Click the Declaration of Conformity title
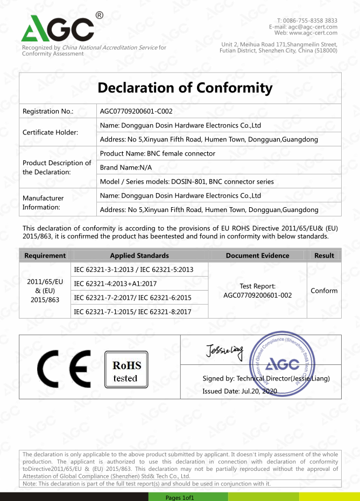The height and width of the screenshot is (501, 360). click(185, 88)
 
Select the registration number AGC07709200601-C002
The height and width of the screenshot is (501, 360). click(136, 111)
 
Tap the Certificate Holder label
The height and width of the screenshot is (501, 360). click(50, 132)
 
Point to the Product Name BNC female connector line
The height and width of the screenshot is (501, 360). click(158, 153)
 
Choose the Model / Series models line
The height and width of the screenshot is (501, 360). click(187, 181)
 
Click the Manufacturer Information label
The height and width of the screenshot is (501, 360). click(43, 202)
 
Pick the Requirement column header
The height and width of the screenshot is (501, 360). click(45, 256)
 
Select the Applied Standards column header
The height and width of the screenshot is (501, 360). click(139, 256)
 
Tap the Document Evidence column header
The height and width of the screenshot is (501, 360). click(257, 256)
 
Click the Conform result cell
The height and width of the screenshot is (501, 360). click(324, 291)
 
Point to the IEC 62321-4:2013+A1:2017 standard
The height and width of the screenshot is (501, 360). click(115, 284)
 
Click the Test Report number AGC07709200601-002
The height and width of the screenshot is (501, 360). click(257, 295)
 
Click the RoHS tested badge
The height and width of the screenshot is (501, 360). click(125, 370)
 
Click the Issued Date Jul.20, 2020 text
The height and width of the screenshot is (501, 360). click(239, 391)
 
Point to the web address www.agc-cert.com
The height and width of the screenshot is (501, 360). click(313, 33)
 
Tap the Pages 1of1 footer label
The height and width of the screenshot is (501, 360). click(180, 497)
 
